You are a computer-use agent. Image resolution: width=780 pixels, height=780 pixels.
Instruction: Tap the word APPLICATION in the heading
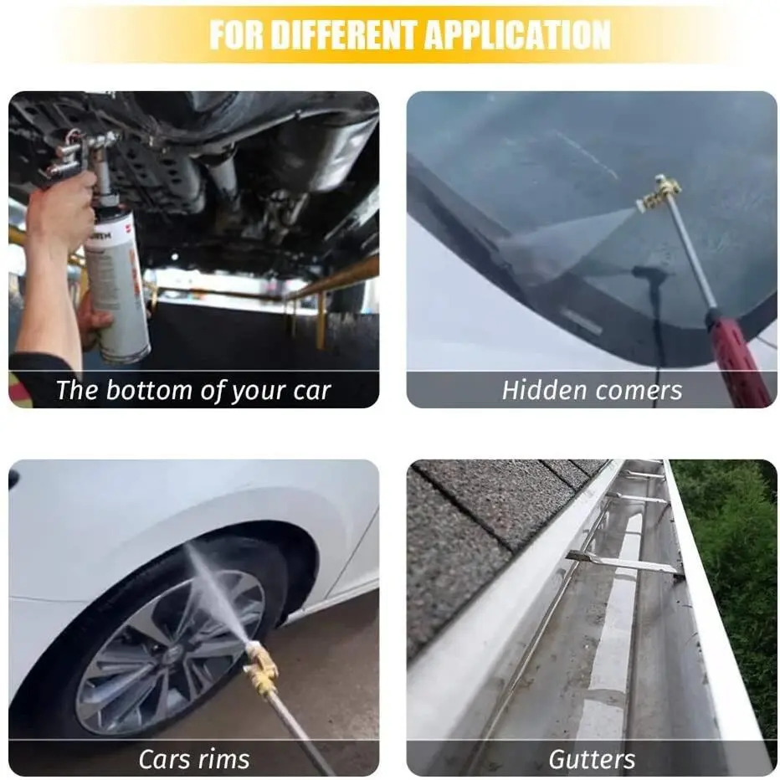(518, 35)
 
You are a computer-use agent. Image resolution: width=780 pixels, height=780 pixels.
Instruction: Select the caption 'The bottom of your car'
(193, 391)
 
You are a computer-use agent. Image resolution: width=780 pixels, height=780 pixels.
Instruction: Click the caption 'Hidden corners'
(592, 390)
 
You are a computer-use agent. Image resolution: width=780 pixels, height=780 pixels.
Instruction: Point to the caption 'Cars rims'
(194, 759)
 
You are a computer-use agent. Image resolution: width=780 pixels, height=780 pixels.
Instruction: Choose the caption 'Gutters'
(592, 759)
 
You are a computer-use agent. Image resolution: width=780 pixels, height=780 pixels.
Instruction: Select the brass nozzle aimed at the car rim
(260, 663)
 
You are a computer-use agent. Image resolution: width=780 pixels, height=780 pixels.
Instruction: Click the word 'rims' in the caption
(223, 759)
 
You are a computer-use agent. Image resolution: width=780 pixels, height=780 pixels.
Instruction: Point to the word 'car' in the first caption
(312, 392)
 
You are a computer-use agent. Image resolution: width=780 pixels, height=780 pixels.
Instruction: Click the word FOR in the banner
(236, 35)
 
